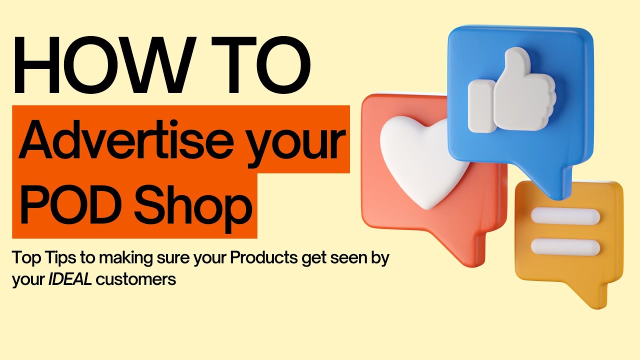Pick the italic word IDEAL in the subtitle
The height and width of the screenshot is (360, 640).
[x=70, y=279]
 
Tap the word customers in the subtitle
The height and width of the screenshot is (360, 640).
[x=136, y=279]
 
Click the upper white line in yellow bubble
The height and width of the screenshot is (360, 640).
[x=565, y=216]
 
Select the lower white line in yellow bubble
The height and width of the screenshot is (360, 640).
[x=565, y=246]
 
